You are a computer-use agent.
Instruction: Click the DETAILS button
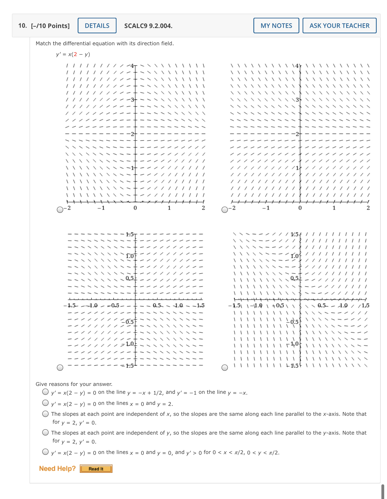coord(97,26)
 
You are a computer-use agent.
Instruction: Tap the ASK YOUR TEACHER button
coord(339,26)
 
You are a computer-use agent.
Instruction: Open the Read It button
coord(96,469)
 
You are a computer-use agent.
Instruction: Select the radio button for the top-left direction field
coord(60,210)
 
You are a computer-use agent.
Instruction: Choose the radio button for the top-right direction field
coord(225,210)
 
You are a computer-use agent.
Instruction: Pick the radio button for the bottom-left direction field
coord(60,368)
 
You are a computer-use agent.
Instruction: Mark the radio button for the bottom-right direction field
coord(225,368)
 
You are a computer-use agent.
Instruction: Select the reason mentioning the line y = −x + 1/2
coord(45,392)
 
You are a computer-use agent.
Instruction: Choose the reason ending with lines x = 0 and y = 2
coord(45,403)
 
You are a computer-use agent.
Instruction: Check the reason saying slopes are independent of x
coord(45,414)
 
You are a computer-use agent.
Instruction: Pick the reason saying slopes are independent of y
coord(45,432)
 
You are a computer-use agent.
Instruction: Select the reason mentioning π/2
coord(45,452)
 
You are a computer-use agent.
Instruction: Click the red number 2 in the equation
coord(75,54)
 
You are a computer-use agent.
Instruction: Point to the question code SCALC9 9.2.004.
coord(148,26)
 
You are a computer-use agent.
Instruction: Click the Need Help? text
coord(57,468)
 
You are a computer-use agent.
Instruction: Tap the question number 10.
coord(22,26)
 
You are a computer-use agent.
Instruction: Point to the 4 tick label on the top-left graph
coord(132,66)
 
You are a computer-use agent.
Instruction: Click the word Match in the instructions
coord(43,43)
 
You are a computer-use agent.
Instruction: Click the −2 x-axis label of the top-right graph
coord(232,208)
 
